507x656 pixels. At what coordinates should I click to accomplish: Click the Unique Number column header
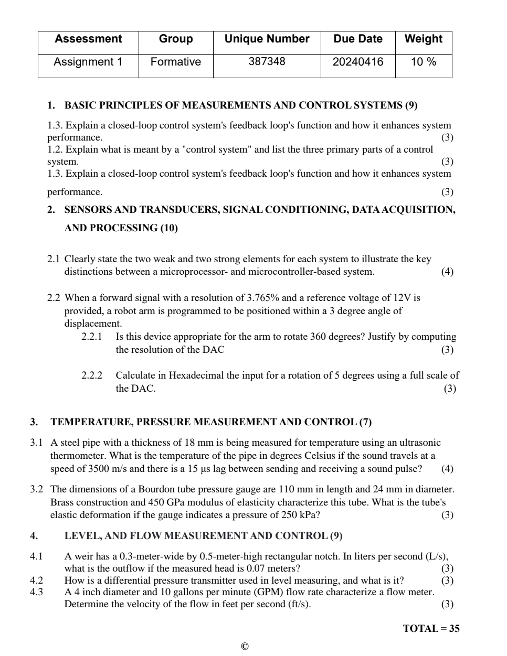click(267, 39)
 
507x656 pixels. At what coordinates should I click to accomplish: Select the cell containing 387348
click(267, 62)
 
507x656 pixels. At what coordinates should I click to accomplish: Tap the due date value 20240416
click(358, 62)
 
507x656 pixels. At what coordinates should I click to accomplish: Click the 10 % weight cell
click(424, 62)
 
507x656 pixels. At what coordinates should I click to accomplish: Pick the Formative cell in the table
click(175, 62)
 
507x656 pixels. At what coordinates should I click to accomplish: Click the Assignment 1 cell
click(88, 62)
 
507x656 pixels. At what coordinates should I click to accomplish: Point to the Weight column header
click(424, 39)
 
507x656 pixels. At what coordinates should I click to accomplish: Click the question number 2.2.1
click(92, 337)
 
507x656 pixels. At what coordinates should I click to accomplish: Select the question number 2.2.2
click(92, 375)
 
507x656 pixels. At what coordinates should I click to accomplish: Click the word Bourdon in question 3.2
click(155, 489)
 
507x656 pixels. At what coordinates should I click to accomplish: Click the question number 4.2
click(36, 580)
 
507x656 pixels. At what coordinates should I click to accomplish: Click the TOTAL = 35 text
click(431, 629)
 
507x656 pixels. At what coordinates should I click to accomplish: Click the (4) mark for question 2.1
click(447, 272)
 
